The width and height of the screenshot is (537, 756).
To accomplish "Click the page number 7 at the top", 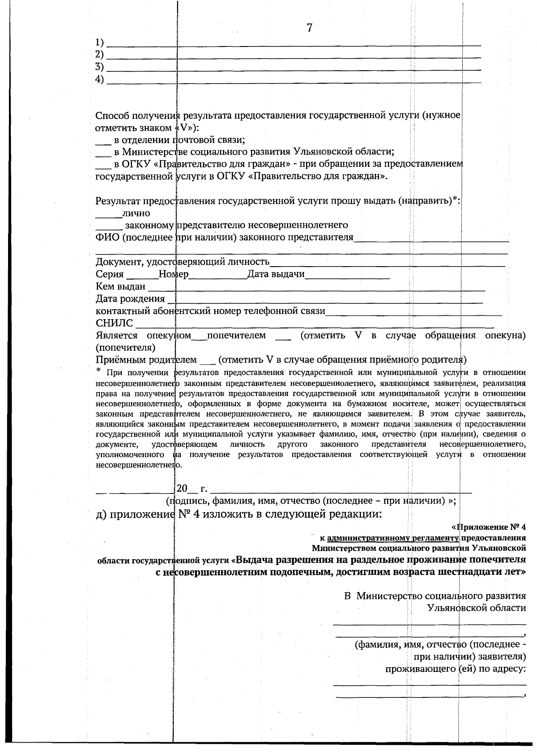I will click(309, 28).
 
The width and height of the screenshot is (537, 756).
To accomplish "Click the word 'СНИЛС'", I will click(114, 323).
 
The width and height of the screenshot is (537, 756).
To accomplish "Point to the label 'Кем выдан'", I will click(120, 286).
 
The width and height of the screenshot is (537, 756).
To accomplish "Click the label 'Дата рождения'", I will click(130, 298).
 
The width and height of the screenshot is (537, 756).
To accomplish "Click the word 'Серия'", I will click(110, 274).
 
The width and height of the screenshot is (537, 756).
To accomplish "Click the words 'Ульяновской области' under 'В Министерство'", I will click(477, 608).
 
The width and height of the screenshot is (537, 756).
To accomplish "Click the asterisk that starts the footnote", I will click(98, 370).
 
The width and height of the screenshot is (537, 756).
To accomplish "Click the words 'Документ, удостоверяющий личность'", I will click(183, 262).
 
